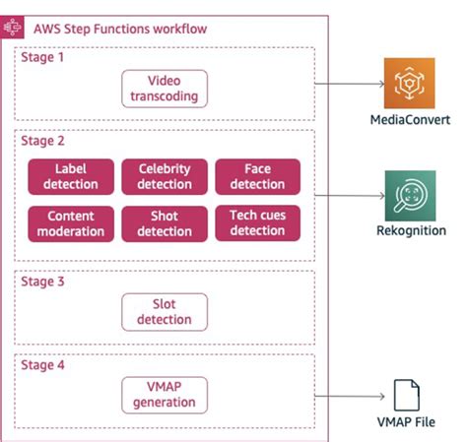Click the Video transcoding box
165,88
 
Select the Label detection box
71,175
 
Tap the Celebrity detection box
165,175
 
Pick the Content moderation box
71,223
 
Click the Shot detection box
165,223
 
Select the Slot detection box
165,311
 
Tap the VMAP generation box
165,394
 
